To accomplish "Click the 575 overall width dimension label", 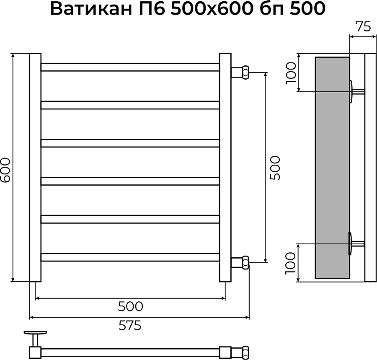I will point(129,325).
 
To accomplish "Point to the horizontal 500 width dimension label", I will point(130,306).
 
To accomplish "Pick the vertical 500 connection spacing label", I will point(275,168).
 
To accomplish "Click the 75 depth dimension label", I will point(363,27).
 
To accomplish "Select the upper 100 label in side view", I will point(291,73).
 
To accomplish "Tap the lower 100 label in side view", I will point(290,263).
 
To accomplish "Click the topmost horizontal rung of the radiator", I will point(130,67).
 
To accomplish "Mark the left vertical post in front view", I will point(35,168).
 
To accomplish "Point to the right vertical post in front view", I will point(225,168).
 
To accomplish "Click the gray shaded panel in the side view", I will point(332,168).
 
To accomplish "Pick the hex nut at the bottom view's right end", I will point(244,351).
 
